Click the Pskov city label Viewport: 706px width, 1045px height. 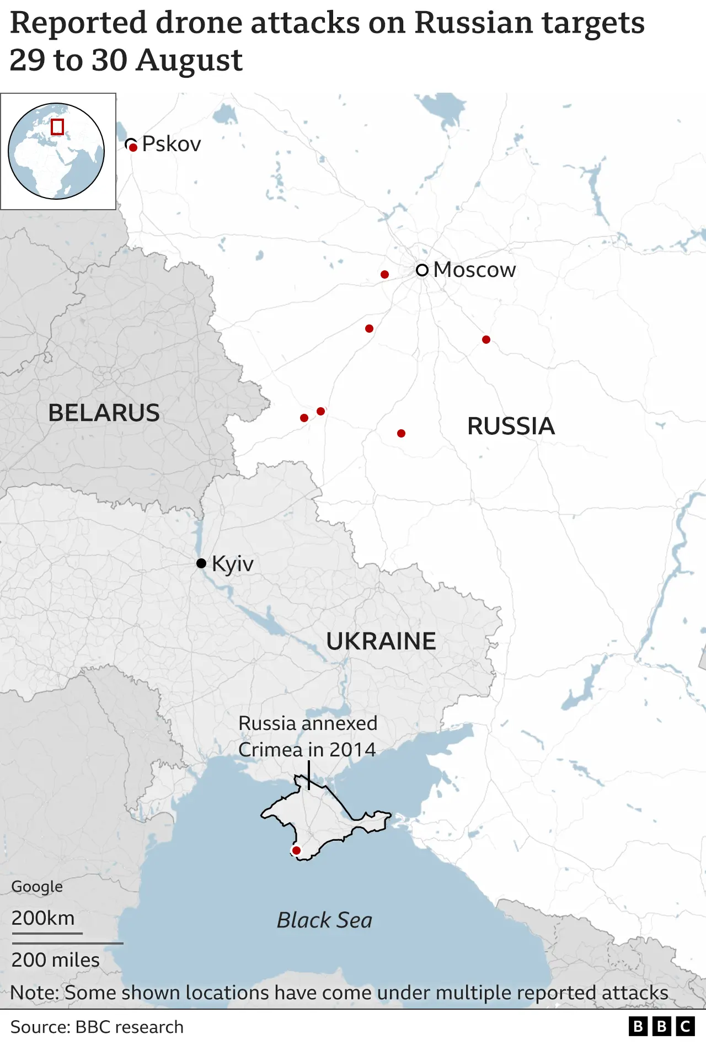[x=171, y=144]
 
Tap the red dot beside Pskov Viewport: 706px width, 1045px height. [x=133, y=148]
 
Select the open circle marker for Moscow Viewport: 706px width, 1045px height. [x=422, y=270]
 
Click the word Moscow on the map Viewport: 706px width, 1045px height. [x=474, y=270]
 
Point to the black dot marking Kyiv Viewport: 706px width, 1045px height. [x=201, y=563]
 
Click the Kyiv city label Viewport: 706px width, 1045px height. [x=232, y=564]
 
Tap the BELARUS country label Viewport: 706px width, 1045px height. [x=104, y=413]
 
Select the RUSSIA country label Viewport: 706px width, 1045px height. [x=511, y=426]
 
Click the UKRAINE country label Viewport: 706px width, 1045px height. [x=381, y=641]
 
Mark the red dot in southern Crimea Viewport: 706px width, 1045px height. [x=296, y=850]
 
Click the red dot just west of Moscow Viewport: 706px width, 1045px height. [x=384, y=274]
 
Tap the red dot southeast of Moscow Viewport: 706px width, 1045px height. [x=486, y=339]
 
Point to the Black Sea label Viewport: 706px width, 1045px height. [x=324, y=920]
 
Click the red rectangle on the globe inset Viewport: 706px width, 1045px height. [x=57, y=127]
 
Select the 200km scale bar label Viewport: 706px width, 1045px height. [x=43, y=918]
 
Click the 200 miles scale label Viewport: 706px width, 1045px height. [x=55, y=959]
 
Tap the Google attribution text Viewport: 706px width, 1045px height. [x=37, y=886]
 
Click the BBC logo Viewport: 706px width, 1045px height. [x=661, y=1026]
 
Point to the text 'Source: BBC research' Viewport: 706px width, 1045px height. [x=97, y=1027]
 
